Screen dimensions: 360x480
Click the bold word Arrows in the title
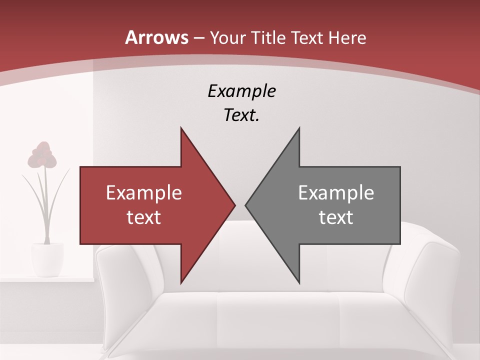click(157, 37)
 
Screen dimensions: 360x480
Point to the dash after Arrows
click(199, 38)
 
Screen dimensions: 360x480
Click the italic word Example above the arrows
click(241, 91)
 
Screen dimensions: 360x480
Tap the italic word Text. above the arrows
click(241, 115)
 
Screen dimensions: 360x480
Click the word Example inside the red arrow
click(144, 193)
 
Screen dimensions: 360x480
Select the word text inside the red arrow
click(144, 217)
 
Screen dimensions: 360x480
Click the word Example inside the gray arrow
click(336, 193)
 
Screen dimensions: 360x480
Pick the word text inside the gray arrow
click(336, 217)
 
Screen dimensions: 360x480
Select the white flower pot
click(47, 259)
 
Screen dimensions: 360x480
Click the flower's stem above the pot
click(46, 210)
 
